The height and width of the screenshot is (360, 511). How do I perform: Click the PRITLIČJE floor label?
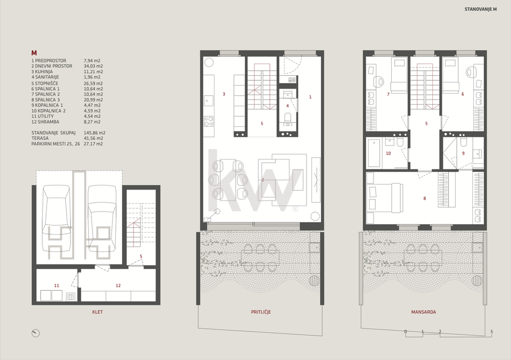click(x=260, y=312)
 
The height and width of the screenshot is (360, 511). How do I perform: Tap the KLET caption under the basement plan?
click(x=98, y=312)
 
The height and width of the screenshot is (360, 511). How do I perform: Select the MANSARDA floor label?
click(x=423, y=312)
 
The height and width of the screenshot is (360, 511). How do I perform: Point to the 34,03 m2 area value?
click(x=94, y=66)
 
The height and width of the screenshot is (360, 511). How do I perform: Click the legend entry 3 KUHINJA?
click(x=42, y=71)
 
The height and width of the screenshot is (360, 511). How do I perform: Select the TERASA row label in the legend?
click(x=40, y=138)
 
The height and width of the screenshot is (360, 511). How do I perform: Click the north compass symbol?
click(x=35, y=333)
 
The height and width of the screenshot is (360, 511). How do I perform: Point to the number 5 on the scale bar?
click(x=492, y=332)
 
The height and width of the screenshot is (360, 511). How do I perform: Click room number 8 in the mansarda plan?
click(x=425, y=198)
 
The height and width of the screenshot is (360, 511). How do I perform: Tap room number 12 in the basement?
click(x=118, y=285)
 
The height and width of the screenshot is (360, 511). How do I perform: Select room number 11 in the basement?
click(x=57, y=285)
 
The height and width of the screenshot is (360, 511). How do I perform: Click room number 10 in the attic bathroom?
click(x=388, y=153)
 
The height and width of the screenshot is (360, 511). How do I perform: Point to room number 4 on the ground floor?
click(x=288, y=106)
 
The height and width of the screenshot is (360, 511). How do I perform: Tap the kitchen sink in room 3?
click(x=208, y=100)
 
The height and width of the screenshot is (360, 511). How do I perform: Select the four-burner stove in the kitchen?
click(x=208, y=121)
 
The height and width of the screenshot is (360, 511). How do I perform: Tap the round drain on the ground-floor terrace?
click(x=314, y=280)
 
